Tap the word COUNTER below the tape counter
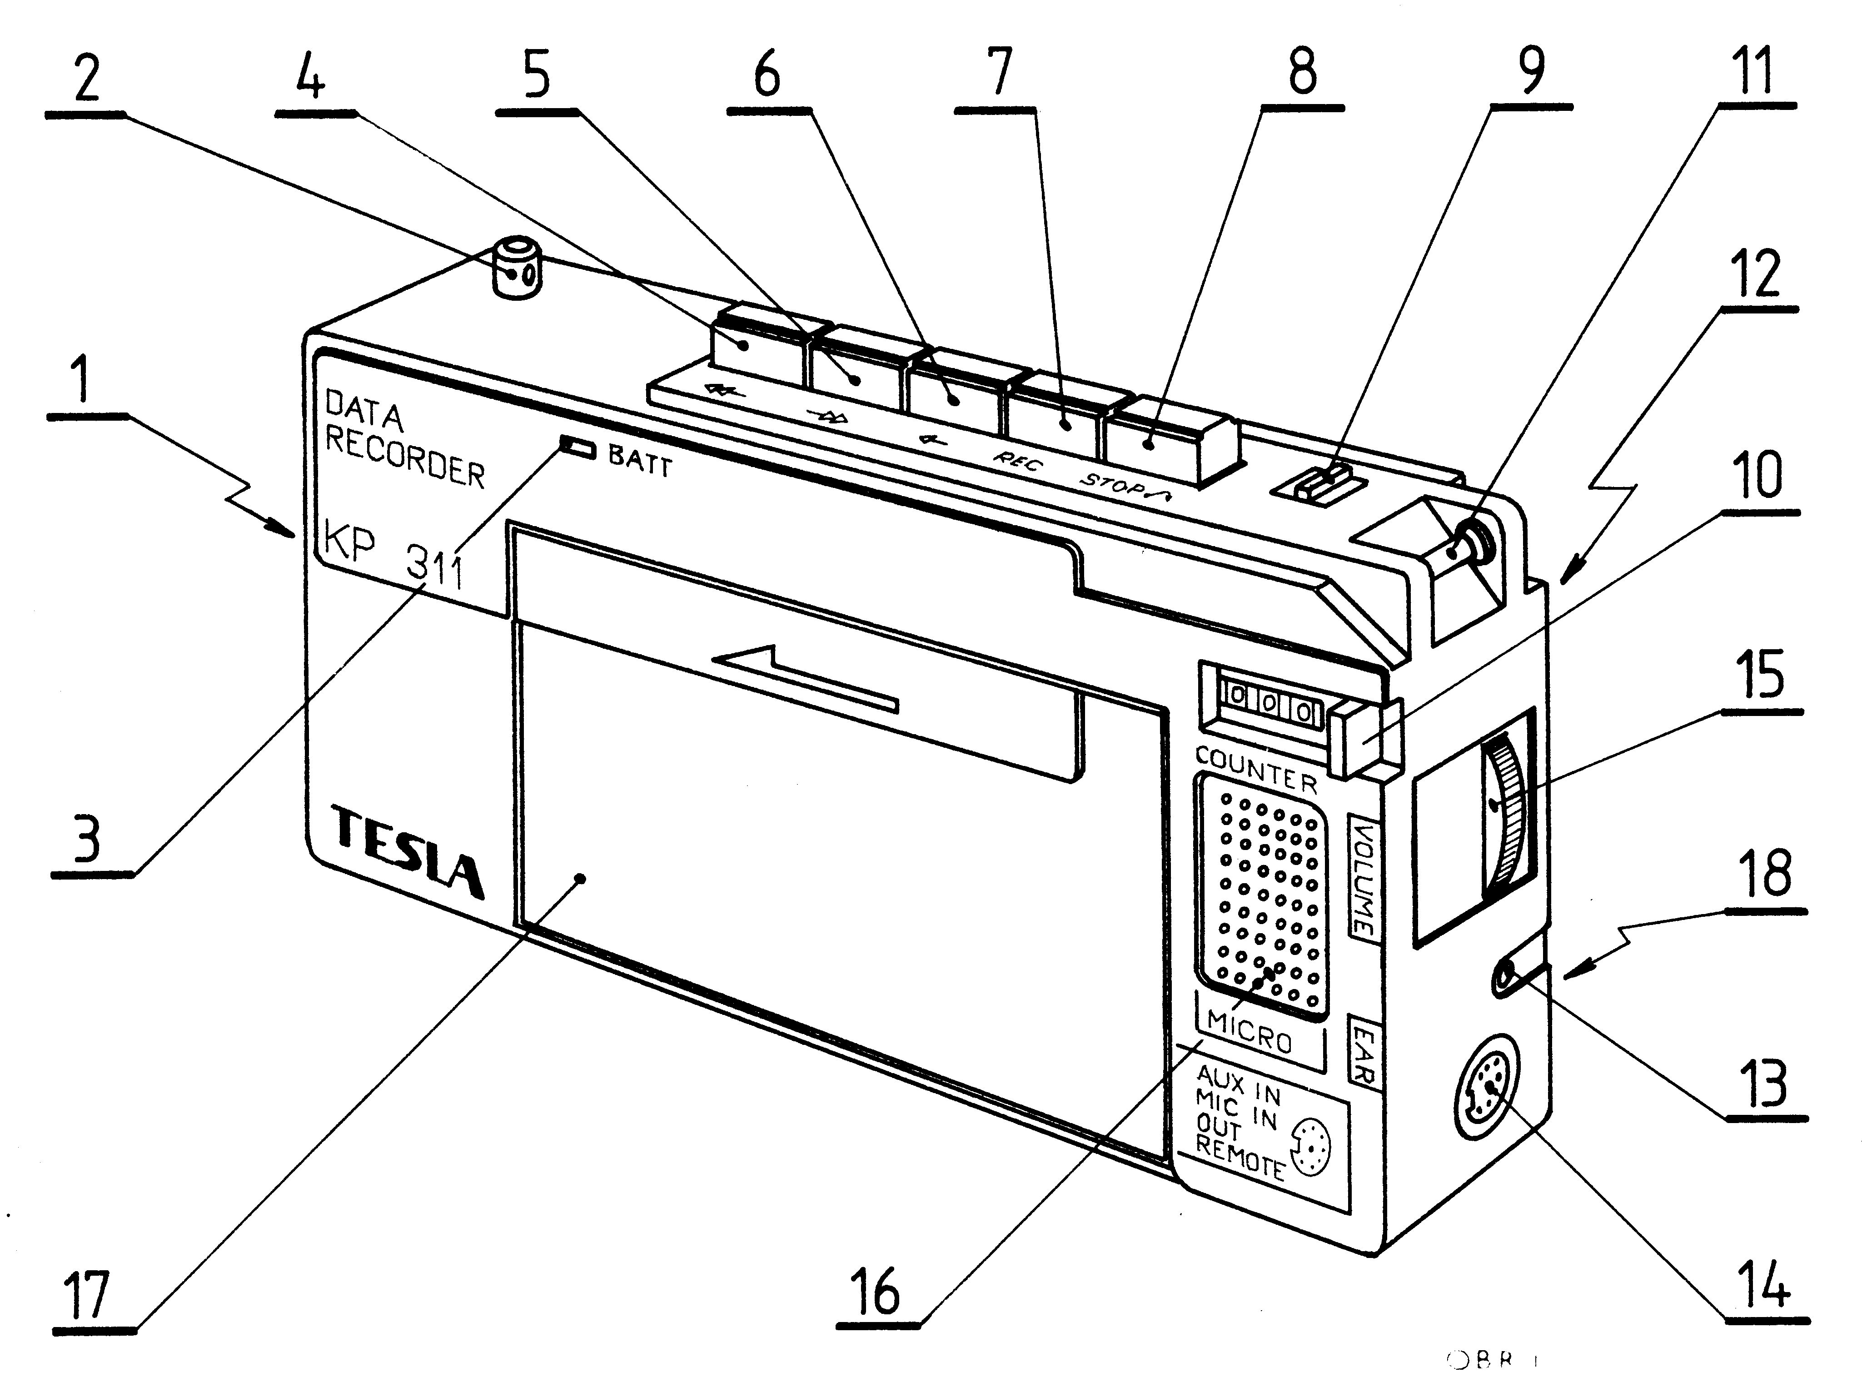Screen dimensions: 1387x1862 click(1256, 769)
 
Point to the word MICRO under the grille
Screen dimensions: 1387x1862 click(1249, 1031)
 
